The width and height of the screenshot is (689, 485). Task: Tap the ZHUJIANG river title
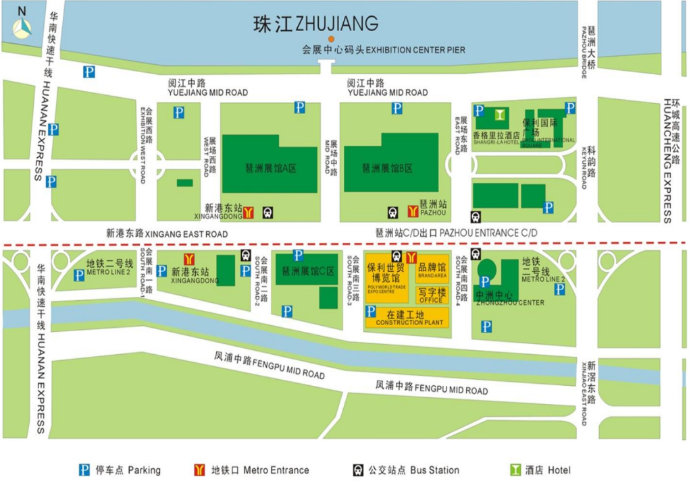point(315,24)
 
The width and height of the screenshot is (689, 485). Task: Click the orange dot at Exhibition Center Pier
point(330,40)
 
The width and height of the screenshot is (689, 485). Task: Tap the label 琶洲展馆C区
point(308,271)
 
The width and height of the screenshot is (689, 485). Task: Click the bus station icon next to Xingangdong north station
point(267,212)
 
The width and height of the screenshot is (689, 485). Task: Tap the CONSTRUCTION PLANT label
point(409,318)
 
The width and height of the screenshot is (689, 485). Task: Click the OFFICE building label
point(432,295)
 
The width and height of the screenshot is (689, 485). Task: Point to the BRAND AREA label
point(432,270)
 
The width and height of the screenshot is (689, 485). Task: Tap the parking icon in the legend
point(85,470)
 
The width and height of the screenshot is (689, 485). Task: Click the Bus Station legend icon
point(357,470)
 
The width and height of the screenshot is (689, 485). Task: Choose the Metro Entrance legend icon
point(199,470)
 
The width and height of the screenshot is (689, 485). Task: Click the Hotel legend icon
point(515,470)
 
